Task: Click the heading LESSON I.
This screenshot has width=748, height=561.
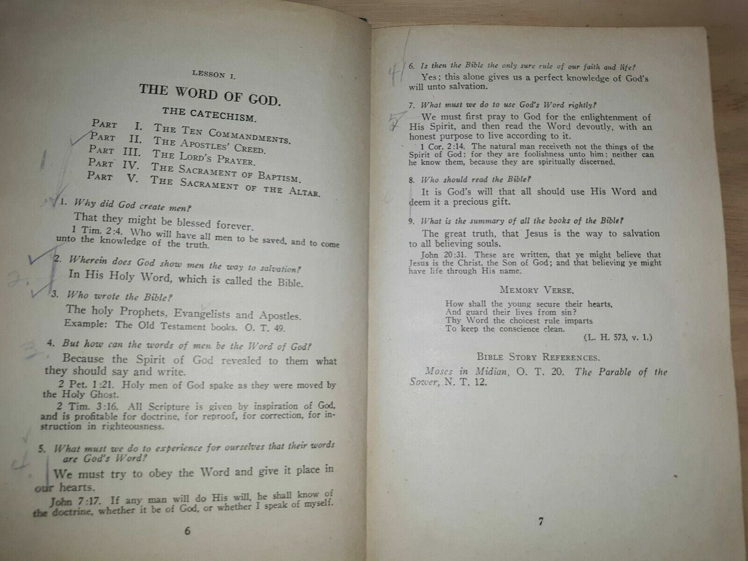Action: [213, 75]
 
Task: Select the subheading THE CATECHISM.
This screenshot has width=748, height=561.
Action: [209, 114]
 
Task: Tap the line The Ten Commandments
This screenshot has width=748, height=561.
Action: [222, 134]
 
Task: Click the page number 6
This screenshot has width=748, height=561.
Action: [187, 531]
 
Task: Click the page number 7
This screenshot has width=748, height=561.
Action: [541, 521]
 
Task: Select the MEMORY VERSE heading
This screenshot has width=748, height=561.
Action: [536, 290]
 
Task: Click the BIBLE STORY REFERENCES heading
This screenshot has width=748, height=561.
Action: [538, 357]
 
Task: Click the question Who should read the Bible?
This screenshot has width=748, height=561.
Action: [476, 180]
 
